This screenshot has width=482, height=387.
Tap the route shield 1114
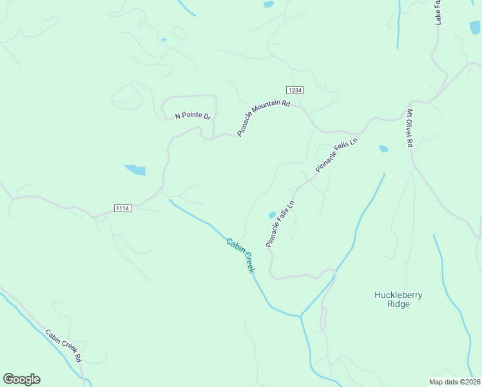coord(122,208)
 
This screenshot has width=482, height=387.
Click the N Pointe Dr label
coord(193,117)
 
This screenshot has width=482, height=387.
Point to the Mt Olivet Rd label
coord(409,128)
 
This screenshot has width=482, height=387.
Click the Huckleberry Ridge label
coord(398,299)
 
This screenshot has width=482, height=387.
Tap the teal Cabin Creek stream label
coord(240,255)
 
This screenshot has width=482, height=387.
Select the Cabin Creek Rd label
coord(63,346)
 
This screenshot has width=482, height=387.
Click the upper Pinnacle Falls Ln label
coord(336,154)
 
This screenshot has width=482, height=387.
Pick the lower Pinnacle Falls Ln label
coord(280,224)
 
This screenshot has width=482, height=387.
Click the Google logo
coord(21,379)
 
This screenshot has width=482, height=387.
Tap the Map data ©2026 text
coord(454,382)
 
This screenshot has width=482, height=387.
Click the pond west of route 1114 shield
coord(135,170)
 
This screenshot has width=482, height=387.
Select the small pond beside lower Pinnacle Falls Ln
coord(272,215)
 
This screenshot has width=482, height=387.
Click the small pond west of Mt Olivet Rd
coord(384,149)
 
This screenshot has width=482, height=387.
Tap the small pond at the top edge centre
coord(268,5)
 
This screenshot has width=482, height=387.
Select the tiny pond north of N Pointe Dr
coord(164,40)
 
